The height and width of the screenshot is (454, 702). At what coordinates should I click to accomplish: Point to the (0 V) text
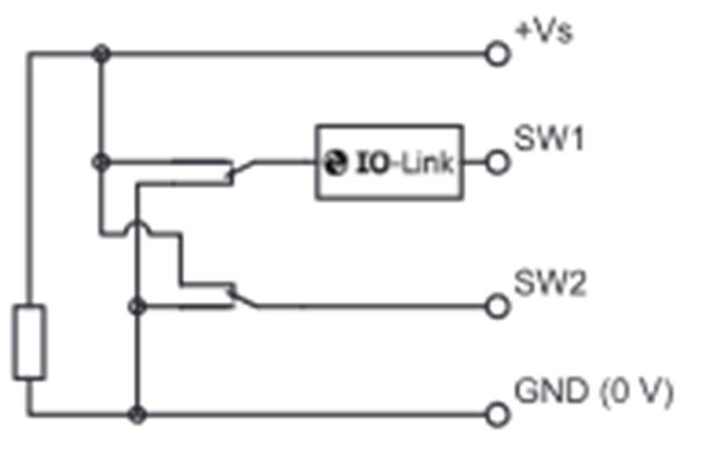[635, 393]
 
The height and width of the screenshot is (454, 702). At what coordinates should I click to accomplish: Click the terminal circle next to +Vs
[498, 54]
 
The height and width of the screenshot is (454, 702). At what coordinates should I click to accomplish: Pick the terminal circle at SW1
[498, 162]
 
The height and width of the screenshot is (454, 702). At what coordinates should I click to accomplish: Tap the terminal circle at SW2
[498, 306]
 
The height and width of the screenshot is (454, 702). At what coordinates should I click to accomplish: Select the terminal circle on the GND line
[498, 414]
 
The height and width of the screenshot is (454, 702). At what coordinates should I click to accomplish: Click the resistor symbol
[30, 342]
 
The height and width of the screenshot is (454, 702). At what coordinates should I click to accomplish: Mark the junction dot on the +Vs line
[103, 54]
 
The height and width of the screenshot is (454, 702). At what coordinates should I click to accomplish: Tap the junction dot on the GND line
[136, 414]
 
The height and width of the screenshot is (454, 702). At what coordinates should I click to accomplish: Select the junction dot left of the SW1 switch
[103, 162]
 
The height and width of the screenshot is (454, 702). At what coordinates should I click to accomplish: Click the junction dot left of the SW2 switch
[136, 306]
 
